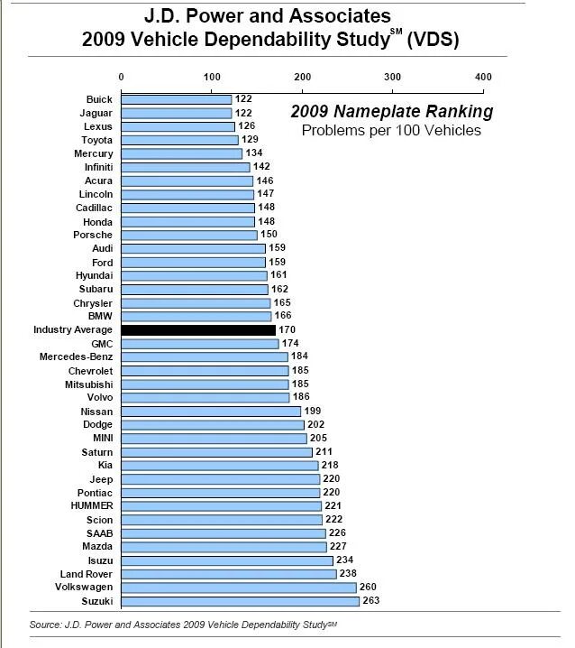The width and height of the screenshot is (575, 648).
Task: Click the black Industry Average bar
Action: (x=198, y=330)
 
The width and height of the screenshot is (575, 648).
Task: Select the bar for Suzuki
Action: (x=240, y=600)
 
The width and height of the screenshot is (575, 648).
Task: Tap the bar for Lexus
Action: (x=178, y=126)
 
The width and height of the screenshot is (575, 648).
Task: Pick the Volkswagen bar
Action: (x=238, y=587)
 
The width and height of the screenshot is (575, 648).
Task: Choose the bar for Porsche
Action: (x=188, y=235)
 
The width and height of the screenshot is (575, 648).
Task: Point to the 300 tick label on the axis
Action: (x=392, y=76)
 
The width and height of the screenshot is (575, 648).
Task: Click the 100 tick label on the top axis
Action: (x=211, y=76)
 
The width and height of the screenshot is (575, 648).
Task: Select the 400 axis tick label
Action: (x=483, y=76)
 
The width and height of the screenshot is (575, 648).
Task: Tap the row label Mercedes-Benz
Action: (x=76, y=356)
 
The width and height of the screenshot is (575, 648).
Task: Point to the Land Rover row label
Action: (x=86, y=573)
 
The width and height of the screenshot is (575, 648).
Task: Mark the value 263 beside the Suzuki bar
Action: (x=371, y=600)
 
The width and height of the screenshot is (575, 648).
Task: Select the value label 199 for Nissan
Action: (x=313, y=411)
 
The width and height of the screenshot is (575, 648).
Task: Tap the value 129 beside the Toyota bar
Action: (x=250, y=140)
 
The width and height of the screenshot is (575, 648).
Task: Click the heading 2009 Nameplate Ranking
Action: (x=391, y=112)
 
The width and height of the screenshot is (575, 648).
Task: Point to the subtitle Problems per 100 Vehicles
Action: (x=391, y=131)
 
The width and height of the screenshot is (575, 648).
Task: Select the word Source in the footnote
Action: (x=46, y=625)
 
